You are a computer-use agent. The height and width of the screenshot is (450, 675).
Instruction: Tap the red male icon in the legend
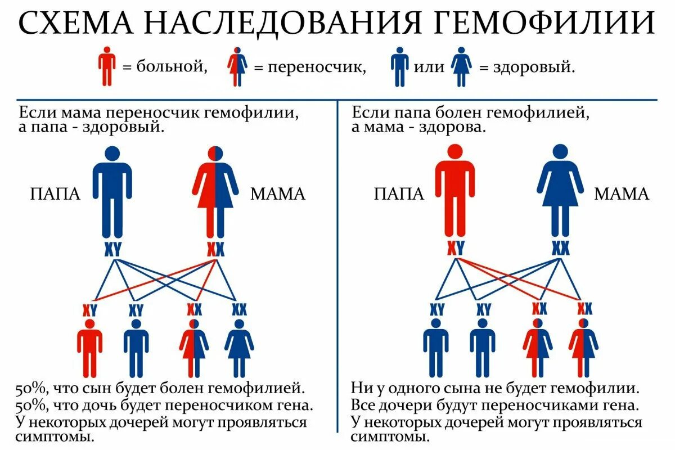point(107,66)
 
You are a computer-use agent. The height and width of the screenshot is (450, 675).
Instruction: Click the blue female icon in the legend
point(462,66)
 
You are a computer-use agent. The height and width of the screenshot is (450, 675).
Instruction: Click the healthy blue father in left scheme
point(112,191)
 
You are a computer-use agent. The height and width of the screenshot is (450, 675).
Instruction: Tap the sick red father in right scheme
point(454,191)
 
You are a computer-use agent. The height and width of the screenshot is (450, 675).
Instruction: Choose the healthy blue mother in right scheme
point(560,191)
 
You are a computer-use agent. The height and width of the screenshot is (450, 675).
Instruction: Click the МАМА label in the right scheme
point(622,195)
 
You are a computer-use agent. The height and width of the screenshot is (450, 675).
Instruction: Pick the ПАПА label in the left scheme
point(55,195)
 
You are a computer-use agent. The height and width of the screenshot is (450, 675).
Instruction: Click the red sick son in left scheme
point(89,349)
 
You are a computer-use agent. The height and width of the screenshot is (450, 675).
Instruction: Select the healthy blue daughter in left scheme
point(240,349)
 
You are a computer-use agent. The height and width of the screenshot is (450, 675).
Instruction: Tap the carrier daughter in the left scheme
point(194,349)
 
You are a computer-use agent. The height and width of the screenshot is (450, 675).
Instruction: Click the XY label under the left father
point(112,249)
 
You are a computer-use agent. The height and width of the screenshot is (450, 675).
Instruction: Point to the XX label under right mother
point(560,249)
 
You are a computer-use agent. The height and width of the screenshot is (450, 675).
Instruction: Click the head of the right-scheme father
point(454,152)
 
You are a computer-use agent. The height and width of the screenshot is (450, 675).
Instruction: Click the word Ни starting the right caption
point(360,388)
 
